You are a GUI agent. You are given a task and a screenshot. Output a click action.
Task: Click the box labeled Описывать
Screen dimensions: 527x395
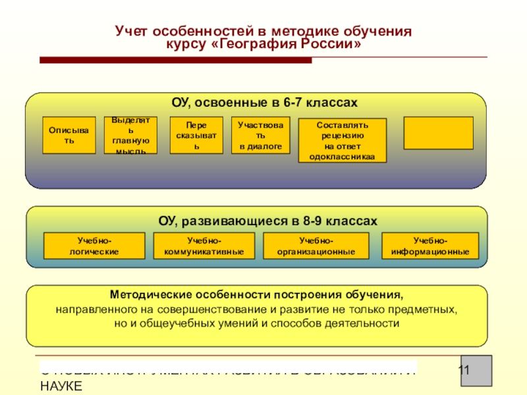(69, 136)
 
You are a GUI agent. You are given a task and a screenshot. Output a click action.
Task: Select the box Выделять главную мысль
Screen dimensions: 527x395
(130, 136)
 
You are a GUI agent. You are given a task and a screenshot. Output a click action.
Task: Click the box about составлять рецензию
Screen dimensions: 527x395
(342, 140)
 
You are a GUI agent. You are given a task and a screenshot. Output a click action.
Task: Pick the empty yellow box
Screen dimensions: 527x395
(438, 133)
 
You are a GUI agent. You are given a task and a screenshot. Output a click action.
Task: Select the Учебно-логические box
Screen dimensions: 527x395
(94, 246)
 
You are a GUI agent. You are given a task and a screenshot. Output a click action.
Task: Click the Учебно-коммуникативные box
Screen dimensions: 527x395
(204, 246)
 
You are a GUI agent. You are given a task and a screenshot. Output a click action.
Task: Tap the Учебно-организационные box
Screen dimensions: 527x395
(316, 246)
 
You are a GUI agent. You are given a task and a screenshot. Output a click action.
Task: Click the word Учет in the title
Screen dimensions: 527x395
(132, 31)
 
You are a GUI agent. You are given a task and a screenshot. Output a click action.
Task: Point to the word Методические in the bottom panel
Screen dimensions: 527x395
(150, 294)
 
